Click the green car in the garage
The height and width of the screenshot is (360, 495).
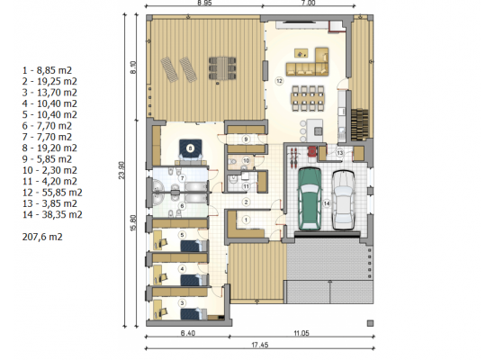pyautogui.click(x=310, y=199)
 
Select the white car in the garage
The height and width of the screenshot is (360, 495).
pyautogui.click(x=343, y=200)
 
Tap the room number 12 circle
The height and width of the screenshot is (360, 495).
pyautogui.click(x=279, y=81)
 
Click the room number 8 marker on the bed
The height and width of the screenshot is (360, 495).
pyautogui.click(x=190, y=148)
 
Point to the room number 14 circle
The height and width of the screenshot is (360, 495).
pyautogui.click(x=327, y=203)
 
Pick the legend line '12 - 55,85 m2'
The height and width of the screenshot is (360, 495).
pyautogui.click(x=52, y=193)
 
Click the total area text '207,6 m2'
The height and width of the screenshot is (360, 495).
pyautogui.click(x=42, y=237)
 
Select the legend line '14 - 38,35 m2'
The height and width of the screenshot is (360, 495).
pyautogui.click(x=52, y=215)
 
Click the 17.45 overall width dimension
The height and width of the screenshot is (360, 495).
pyautogui.click(x=260, y=345)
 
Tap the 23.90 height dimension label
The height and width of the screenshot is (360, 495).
pyautogui.click(x=121, y=170)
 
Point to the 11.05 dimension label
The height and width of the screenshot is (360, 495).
pyautogui.click(x=301, y=333)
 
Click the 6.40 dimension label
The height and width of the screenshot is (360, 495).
pyautogui.click(x=187, y=333)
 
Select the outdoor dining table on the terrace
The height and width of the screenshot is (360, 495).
pyautogui.click(x=222, y=67)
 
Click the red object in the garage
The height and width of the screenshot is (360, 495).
pyautogui.click(x=312, y=151)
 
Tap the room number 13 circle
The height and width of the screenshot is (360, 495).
pyautogui.click(x=339, y=153)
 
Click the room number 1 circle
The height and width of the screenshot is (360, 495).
pyautogui.click(x=247, y=220)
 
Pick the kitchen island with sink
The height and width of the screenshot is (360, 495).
pyautogui.click(x=314, y=130)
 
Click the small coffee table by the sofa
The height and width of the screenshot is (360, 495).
pyautogui.click(x=301, y=53)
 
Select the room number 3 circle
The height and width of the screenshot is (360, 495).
pyautogui.click(x=182, y=303)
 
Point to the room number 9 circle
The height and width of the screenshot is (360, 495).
pyautogui.click(x=246, y=139)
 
